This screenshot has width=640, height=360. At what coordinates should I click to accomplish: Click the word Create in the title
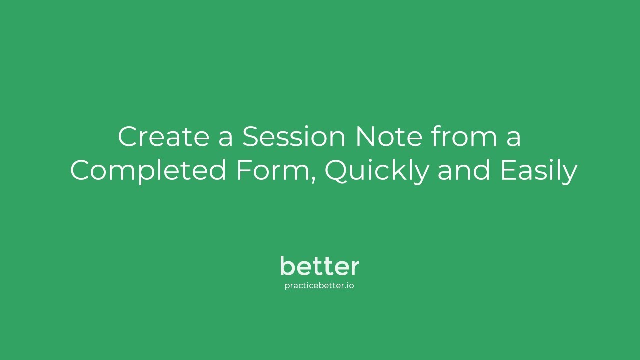[163, 137]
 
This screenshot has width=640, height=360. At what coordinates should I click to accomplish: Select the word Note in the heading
[389, 137]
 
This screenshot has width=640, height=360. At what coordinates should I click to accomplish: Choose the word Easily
[538, 171]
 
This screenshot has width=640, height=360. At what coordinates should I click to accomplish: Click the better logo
[319, 266]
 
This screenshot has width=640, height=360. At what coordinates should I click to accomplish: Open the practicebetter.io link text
[319, 286]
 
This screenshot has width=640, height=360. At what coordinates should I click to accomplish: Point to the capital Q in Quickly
[338, 171]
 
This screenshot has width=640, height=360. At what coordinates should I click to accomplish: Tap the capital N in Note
[366, 137]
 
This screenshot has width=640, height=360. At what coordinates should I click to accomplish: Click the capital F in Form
[243, 171]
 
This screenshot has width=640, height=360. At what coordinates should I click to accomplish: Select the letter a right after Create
[226, 139]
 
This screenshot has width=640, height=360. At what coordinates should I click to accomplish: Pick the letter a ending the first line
[513, 139]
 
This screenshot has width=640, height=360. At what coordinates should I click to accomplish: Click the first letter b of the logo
[286, 266]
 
